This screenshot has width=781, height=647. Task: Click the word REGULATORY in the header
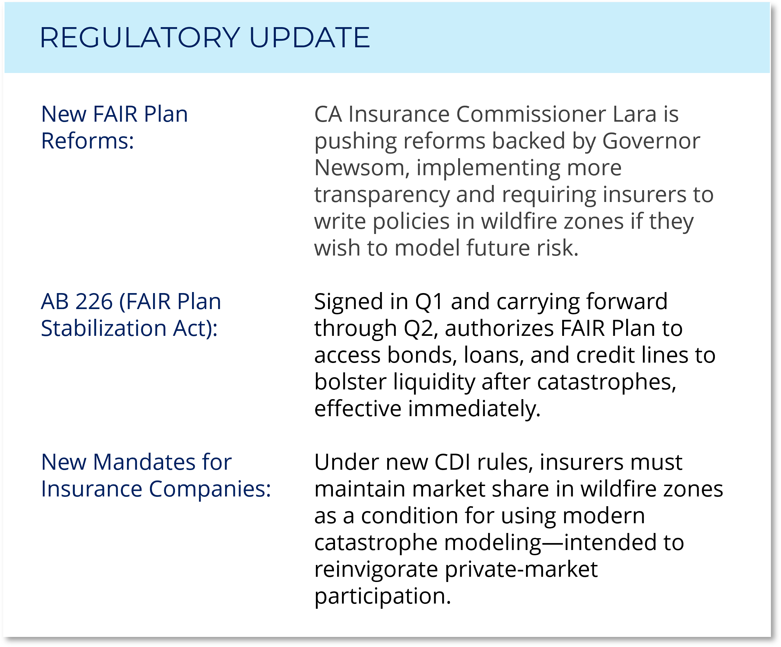pyautogui.click(x=140, y=38)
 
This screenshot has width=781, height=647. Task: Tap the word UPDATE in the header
pyautogui.click(x=309, y=38)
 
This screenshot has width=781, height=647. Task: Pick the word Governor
pyautogui.click(x=651, y=141)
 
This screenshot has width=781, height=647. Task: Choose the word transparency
pyautogui.click(x=382, y=195)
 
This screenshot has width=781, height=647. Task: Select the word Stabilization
pyautogui.click(x=103, y=328)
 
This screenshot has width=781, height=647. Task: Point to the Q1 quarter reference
pyautogui.click(x=429, y=302)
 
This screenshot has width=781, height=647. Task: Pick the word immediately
pyautogui.click(x=475, y=409)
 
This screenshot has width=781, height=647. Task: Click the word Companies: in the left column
pyautogui.click(x=210, y=490)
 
